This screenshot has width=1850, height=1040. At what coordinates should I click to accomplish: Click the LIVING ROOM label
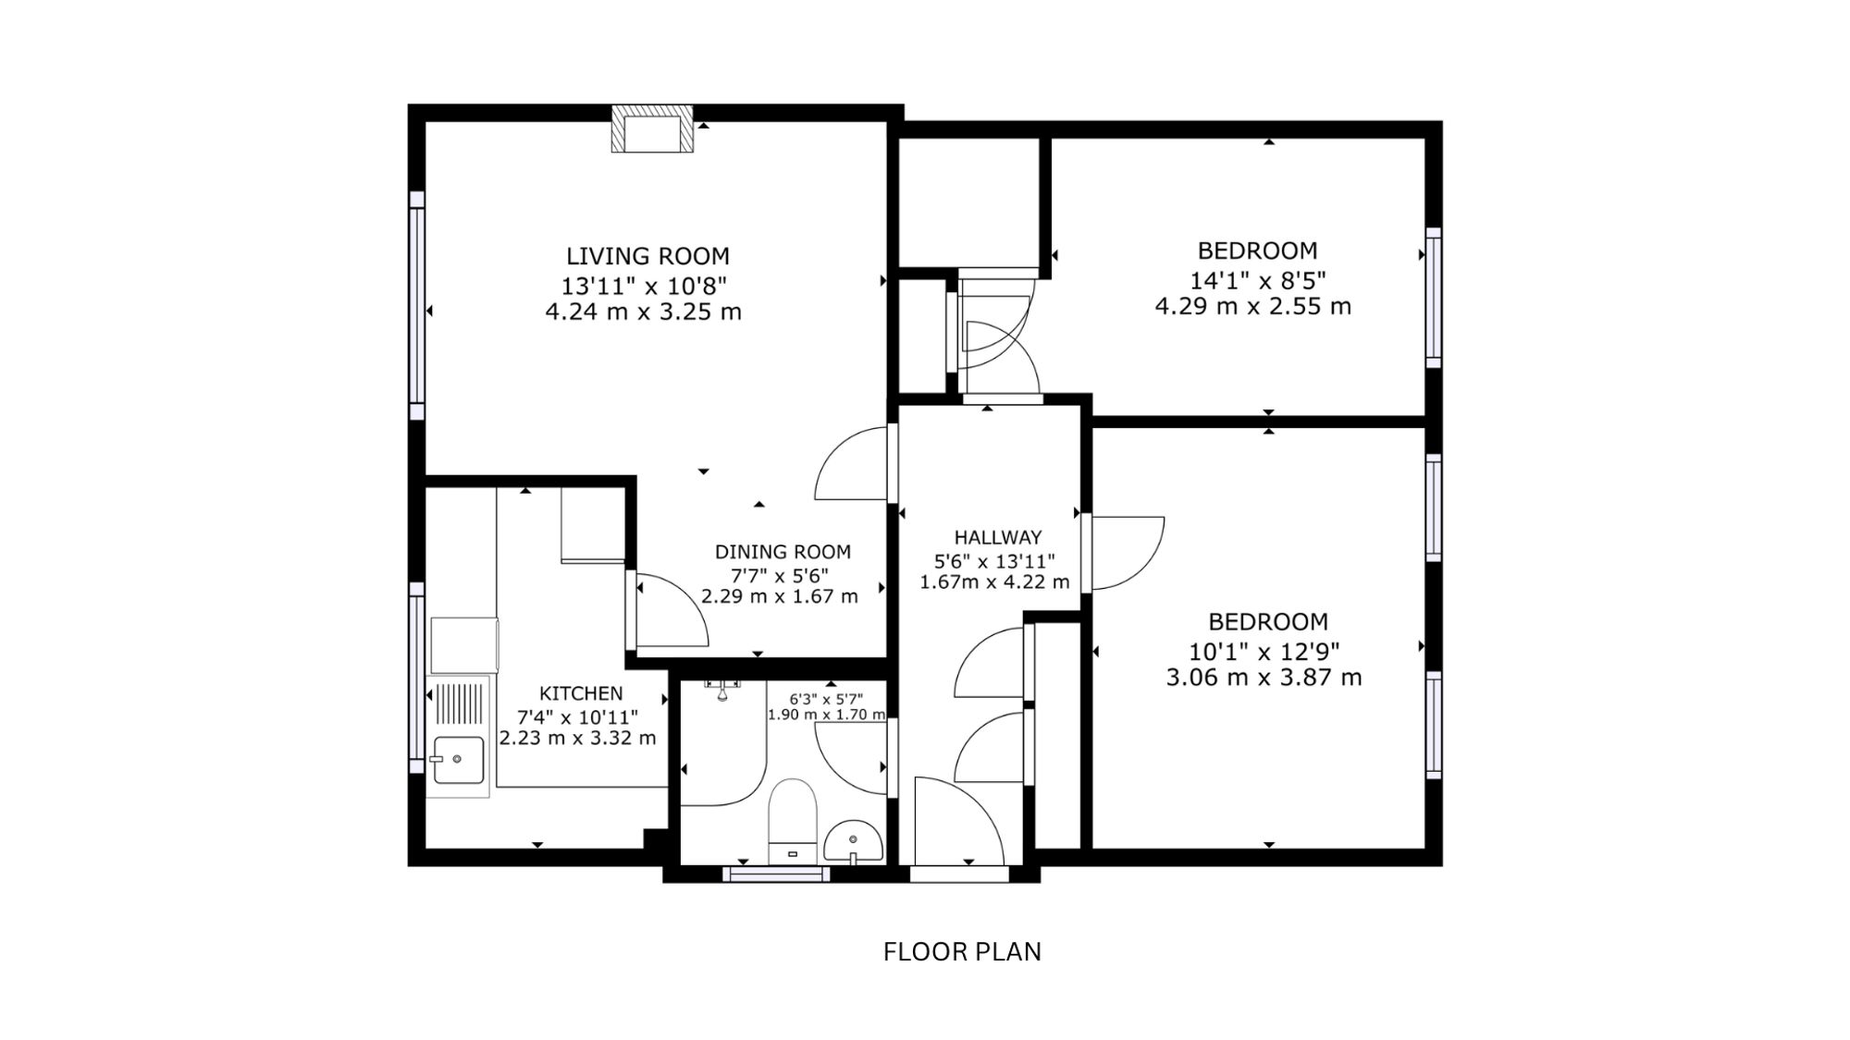[647, 256]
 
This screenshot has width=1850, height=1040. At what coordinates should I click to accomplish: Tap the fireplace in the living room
[652, 128]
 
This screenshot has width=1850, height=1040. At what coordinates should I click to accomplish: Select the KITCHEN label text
[581, 693]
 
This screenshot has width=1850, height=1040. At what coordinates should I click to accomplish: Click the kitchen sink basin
[458, 759]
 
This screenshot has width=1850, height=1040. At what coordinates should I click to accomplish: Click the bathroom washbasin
[852, 841]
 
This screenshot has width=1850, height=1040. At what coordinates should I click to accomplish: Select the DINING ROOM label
[783, 552]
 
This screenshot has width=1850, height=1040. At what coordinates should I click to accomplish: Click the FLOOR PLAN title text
[962, 951]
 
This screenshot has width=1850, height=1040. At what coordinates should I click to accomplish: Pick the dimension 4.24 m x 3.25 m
[644, 312]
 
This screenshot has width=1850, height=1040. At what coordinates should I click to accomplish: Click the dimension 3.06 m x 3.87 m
[1264, 678]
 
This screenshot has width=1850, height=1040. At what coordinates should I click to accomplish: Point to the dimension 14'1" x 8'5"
[1258, 278]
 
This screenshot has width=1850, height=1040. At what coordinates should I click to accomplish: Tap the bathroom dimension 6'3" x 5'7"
[826, 699]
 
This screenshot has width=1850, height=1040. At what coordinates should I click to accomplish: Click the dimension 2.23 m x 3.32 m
[578, 738]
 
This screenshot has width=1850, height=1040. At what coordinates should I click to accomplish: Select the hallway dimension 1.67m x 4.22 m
[994, 582]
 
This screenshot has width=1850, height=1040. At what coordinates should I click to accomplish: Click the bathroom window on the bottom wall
[777, 874]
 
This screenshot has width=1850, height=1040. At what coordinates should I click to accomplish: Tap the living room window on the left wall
[417, 306]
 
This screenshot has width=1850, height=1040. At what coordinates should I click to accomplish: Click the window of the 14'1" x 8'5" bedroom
[1434, 297]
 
